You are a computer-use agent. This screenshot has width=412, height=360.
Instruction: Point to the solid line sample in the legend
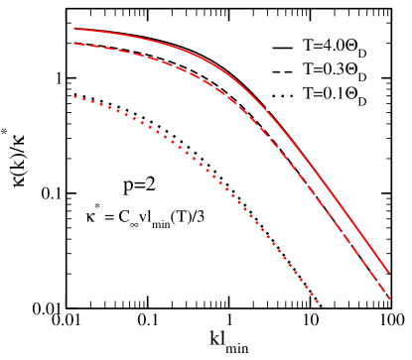(x=282, y=47)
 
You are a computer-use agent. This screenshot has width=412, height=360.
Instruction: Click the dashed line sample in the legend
(x=282, y=71)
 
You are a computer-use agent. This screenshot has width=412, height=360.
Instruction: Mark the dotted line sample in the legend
(x=282, y=96)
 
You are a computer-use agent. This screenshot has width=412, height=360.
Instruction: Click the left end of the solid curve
(x=74, y=30)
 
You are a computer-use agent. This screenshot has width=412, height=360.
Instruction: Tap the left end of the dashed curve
(x=74, y=44)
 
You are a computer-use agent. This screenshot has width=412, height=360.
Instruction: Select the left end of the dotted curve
(x=75, y=96)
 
